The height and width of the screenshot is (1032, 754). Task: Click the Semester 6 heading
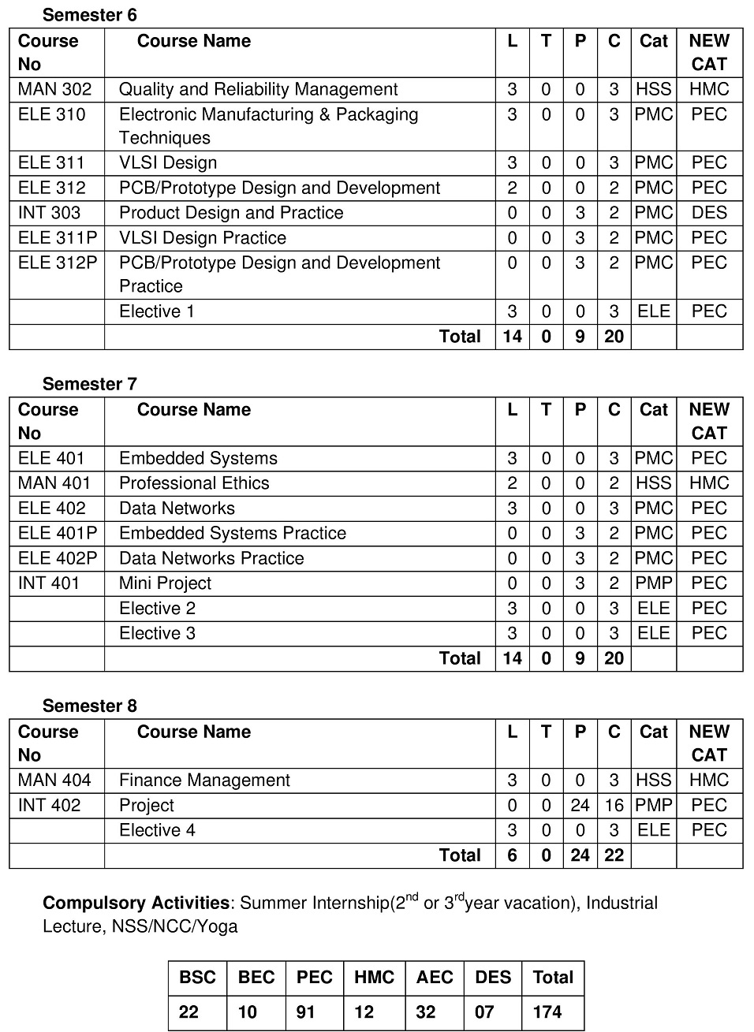point(89,15)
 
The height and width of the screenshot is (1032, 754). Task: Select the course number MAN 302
point(54,89)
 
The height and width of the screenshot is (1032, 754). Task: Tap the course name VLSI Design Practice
point(202,237)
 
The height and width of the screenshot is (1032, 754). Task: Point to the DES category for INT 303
point(708,213)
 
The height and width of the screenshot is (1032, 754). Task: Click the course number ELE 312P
point(57,263)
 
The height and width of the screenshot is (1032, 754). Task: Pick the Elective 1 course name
point(156,311)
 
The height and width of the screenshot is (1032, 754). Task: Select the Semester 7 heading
point(89,384)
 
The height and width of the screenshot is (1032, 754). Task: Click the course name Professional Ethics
point(194,483)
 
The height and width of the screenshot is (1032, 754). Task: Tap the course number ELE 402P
point(57,558)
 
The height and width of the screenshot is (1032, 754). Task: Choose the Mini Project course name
point(165,583)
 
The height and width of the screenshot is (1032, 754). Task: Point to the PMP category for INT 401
point(653,583)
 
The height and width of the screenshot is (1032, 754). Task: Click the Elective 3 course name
point(157,633)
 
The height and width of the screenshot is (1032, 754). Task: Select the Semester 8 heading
point(89,706)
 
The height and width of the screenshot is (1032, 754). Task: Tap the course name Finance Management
point(204,780)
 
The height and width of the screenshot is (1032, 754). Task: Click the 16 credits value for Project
point(614,805)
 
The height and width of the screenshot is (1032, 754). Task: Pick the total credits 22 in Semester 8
point(614,855)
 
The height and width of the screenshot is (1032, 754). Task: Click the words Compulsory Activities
point(136,903)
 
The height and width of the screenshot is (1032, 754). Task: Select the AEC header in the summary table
point(435,978)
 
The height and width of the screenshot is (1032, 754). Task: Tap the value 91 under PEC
point(306,1012)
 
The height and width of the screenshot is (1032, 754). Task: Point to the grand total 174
point(547,1012)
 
